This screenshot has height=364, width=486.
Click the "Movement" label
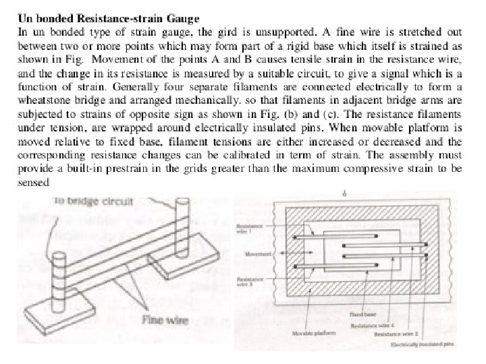pos(258,255)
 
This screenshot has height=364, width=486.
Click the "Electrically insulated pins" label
pos(425,344)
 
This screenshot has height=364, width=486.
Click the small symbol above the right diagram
pos(345,193)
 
